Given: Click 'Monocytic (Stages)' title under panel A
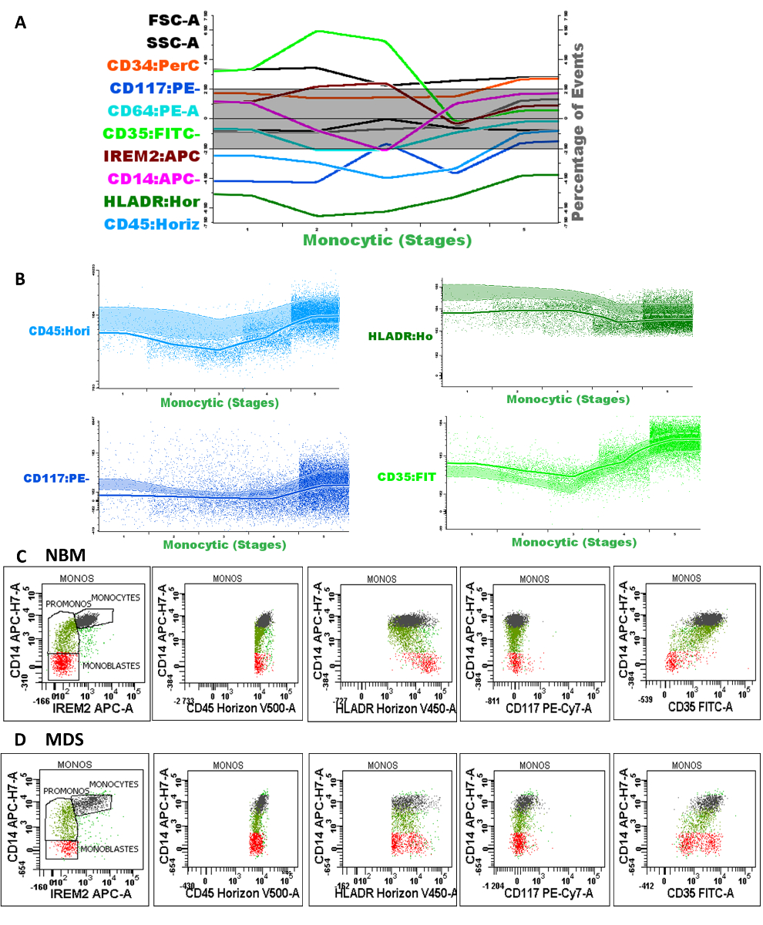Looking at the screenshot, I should tap(387, 240).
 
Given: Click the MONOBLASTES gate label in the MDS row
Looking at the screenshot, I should tap(107, 849).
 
